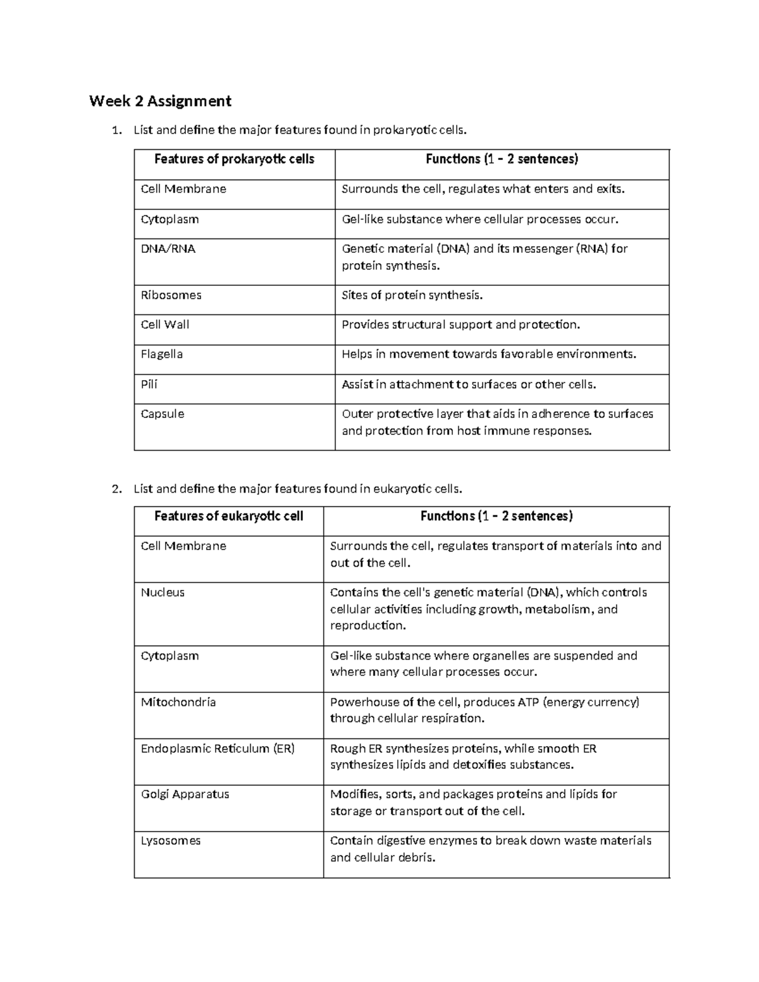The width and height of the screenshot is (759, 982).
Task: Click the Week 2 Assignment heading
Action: pos(160,101)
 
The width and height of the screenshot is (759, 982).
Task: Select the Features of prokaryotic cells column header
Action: pos(234,159)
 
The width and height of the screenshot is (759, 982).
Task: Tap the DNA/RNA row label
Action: pos(168,249)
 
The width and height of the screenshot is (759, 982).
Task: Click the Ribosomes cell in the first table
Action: pos(171,295)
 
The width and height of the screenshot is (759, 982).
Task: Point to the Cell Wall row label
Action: pos(165,325)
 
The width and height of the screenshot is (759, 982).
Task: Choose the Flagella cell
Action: pos(162,354)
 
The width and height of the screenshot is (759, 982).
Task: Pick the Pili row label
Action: pos(149,384)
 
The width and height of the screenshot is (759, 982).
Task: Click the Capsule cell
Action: pos(163,414)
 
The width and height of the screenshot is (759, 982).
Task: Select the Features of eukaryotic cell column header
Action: pos(228,517)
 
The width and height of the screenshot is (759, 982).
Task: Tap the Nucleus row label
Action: pos(163,592)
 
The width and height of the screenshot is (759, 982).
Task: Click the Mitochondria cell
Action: pos(178,703)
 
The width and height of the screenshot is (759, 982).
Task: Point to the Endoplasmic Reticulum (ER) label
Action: pos(218,749)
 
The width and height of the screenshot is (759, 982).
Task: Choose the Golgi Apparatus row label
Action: pos(185,794)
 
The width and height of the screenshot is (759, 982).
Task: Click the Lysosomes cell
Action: pos(171,841)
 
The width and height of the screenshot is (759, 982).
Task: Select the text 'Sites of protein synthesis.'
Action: pos(412,295)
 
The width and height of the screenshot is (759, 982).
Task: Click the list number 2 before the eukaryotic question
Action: pos(115,489)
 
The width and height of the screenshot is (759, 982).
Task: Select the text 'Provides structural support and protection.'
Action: pos(460,325)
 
